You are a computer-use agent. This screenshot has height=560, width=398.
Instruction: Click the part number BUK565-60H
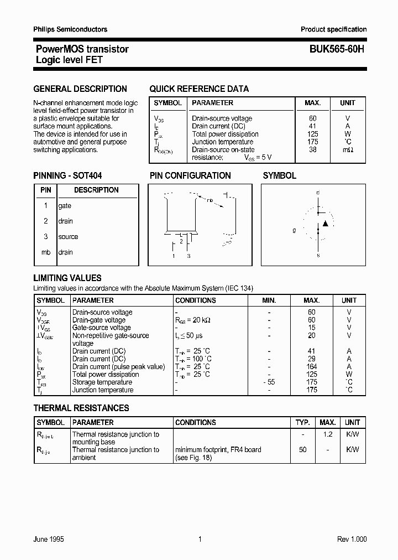tap(333, 49)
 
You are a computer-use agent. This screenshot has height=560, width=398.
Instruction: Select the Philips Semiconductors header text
tap(70, 29)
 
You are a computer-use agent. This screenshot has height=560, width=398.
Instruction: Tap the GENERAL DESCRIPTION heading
tap(80, 89)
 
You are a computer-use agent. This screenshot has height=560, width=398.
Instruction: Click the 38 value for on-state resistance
tap(313, 149)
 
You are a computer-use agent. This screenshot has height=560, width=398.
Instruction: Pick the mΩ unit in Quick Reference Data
tap(347, 150)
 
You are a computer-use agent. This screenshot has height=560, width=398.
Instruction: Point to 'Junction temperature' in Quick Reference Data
tap(223, 142)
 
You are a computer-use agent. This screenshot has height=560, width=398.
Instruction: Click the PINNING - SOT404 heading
tap(67, 175)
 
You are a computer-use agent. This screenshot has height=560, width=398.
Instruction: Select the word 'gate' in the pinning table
tap(65, 206)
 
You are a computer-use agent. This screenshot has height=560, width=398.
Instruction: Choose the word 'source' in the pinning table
tap(68, 237)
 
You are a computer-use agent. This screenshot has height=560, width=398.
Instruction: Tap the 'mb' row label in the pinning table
tap(46, 252)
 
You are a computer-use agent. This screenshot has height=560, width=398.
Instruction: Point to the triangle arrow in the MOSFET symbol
tap(326, 224)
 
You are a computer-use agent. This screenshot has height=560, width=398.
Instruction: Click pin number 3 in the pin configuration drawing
tap(188, 256)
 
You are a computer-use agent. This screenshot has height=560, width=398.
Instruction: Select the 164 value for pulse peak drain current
tap(312, 367)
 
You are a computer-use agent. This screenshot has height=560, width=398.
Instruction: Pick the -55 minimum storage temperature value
tap(268, 382)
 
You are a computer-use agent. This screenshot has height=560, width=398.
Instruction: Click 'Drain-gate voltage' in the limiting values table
tap(99, 320)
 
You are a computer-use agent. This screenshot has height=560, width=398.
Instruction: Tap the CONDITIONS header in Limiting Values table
tap(195, 300)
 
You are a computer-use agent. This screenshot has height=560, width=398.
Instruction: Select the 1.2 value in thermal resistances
tap(327, 434)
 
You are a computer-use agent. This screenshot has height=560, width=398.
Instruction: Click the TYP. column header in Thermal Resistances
tap(302, 422)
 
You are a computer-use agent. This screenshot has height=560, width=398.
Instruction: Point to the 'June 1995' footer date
tap(49, 540)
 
